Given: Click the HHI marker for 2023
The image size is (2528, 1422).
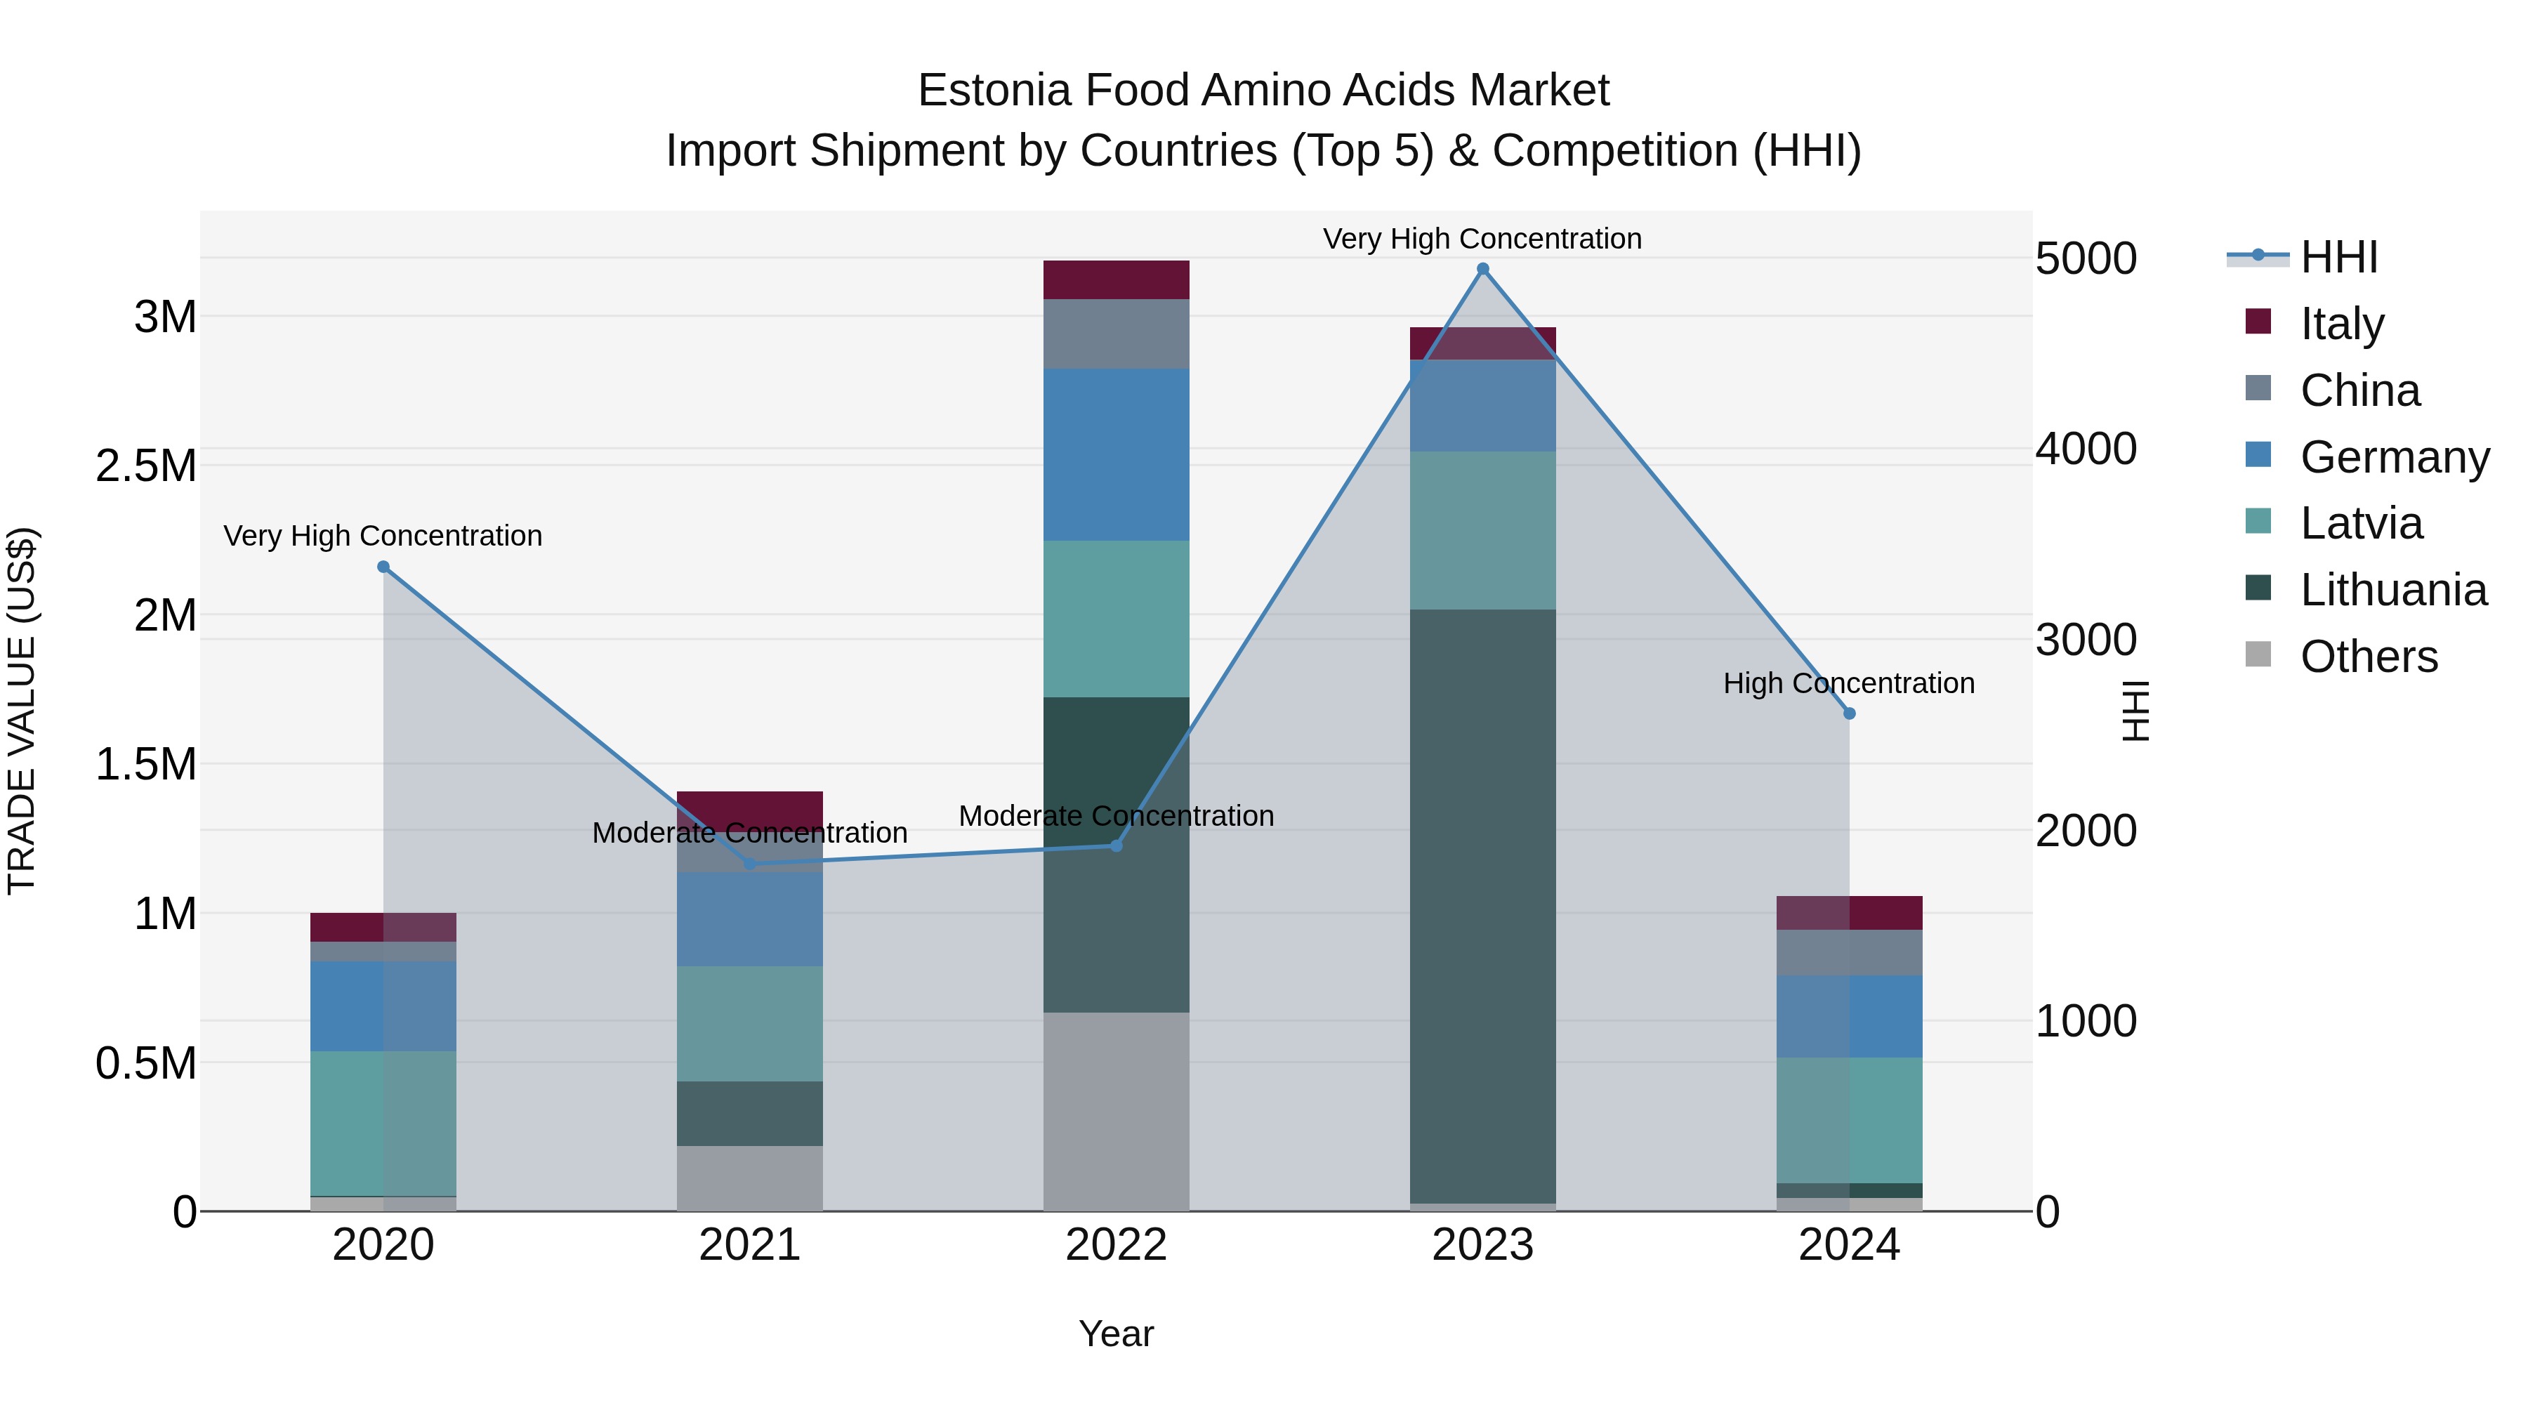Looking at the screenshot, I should pyautogui.click(x=1482, y=269).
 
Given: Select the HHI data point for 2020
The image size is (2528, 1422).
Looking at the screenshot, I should pyautogui.click(x=383, y=566).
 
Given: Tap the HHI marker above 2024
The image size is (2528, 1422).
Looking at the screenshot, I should pyautogui.click(x=1849, y=713).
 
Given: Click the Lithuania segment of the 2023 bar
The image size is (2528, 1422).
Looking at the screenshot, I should pyautogui.click(x=1482, y=903).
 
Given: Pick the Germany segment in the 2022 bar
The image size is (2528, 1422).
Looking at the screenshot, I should pyautogui.click(x=1116, y=454).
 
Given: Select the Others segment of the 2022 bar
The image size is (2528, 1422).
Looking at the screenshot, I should pyautogui.click(x=1116, y=1111).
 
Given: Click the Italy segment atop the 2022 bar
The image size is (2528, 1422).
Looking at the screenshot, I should pyautogui.click(x=1116, y=279).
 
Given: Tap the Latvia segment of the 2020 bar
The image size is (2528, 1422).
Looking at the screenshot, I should pyautogui.click(x=383, y=1123).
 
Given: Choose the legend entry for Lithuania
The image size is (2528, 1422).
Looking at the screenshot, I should pyautogui.click(x=2392, y=590).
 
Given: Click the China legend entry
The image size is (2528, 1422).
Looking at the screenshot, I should pyautogui.click(x=2359, y=390).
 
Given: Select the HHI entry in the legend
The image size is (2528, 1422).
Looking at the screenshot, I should pyautogui.click(x=2338, y=257).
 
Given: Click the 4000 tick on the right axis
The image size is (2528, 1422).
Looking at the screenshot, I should pyautogui.click(x=2086, y=449).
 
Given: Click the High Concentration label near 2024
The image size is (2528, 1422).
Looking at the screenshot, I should pyautogui.click(x=1849, y=683).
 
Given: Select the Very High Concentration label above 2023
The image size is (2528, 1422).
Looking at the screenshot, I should pyautogui.click(x=1482, y=239).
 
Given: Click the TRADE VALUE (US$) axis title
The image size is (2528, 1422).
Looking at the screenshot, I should pyautogui.click(x=22, y=711).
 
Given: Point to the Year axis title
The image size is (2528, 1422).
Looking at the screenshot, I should pyautogui.click(x=1116, y=1334).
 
